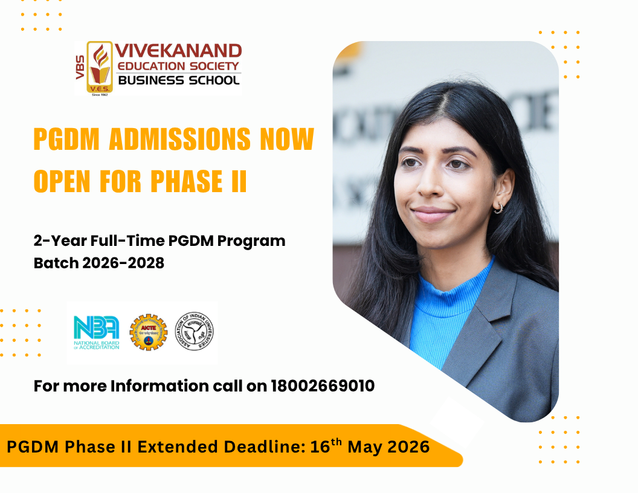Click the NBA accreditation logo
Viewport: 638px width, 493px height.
(x=96, y=333)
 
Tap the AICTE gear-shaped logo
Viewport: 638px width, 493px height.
(x=148, y=332)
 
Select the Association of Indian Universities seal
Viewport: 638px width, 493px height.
(x=195, y=332)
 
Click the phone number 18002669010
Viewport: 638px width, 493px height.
(x=323, y=385)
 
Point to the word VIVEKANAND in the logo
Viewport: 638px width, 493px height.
(x=178, y=51)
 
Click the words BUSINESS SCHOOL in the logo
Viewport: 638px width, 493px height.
(x=178, y=80)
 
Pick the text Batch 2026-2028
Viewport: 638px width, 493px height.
(x=99, y=263)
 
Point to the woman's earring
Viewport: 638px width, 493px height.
(x=497, y=208)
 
